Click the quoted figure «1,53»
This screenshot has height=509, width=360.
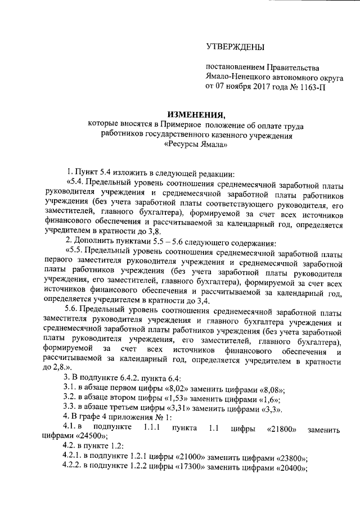tap(173, 400)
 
